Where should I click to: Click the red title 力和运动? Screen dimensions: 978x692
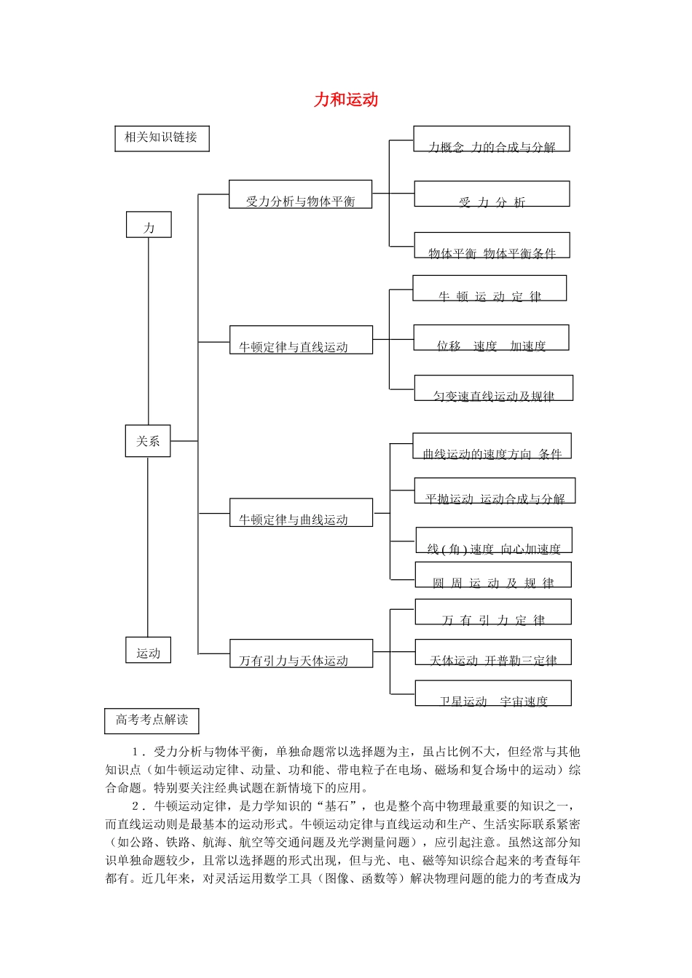(x=346, y=100)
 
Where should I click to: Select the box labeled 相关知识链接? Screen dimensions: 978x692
(x=162, y=138)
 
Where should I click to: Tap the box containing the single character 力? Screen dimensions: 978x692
(x=149, y=225)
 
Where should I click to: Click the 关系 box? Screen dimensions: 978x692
(x=148, y=441)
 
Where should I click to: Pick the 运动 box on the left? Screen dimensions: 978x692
(x=148, y=651)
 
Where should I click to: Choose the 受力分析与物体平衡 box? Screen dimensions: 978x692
(x=300, y=195)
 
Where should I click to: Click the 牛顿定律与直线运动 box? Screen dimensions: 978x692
(x=301, y=341)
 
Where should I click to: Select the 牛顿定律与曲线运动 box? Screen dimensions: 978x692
(x=301, y=513)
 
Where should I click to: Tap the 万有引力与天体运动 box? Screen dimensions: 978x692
(x=301, y=653)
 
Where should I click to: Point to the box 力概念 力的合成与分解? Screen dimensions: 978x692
(x=492, y=140)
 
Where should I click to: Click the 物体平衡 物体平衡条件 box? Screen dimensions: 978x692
(x=492, y=246)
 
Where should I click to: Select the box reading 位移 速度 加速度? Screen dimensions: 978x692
(x=491, y=338)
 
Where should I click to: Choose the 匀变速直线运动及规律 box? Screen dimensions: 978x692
(x=493, y=389)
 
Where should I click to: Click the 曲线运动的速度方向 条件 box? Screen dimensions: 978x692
(x=492, y=447)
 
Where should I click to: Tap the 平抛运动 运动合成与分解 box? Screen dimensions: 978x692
(x=495, y=491)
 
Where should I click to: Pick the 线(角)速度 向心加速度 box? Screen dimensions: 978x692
(x=494, y=541)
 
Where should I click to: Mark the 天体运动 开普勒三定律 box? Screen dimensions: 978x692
(x=493, y=653)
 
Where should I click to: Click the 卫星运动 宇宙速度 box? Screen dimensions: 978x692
(x=493, y=693)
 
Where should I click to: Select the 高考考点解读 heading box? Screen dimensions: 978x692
(x=152, y=720)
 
